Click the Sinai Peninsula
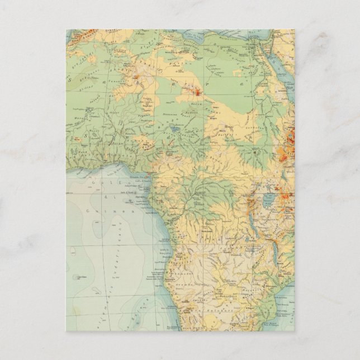274,45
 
